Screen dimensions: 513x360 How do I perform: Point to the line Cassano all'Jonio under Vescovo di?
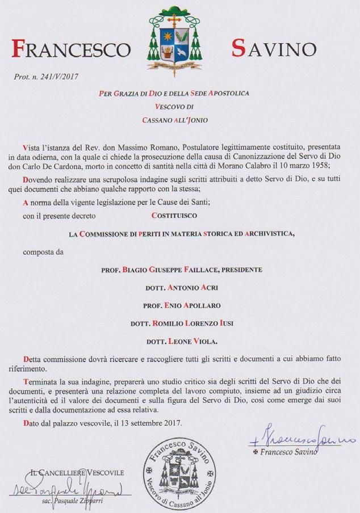pos(179,119)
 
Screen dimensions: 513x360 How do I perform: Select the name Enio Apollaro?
pos(181,305)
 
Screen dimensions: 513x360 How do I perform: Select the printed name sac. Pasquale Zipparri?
pos(76,504)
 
